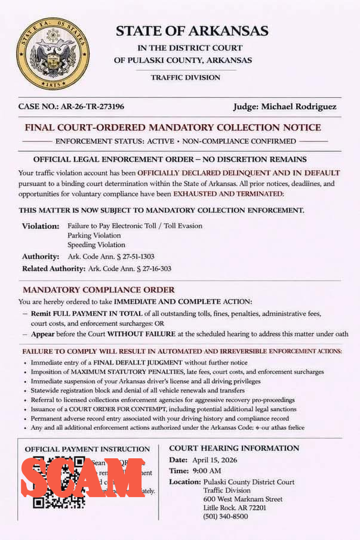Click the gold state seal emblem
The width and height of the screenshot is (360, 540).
[x=53, y=54]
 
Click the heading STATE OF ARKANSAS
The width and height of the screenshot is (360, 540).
[x=192, y=31]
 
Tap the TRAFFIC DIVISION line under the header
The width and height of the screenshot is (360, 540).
[x=185, y=78]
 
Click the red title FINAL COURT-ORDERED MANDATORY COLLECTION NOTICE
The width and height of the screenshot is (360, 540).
[x=173, y=127]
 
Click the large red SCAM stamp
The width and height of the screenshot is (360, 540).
[x=83, y=477]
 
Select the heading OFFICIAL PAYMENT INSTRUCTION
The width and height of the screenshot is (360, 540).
[x=87, y=449]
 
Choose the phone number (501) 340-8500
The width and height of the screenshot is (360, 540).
[x=225, y=516]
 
